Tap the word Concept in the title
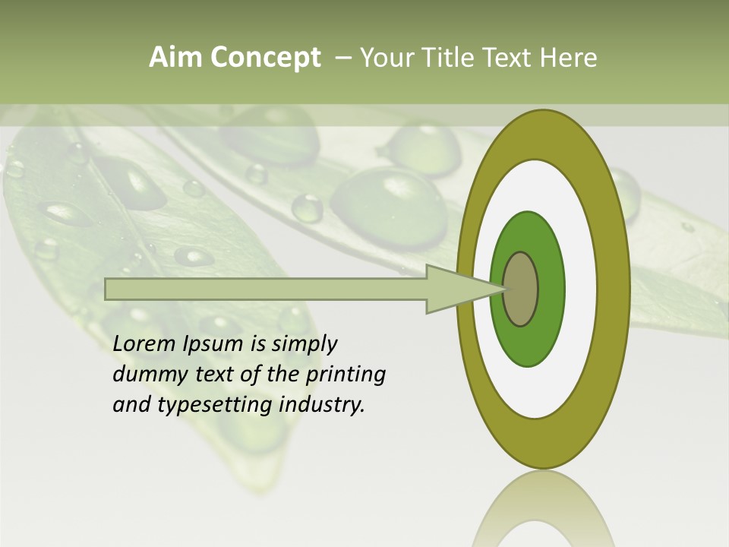[x=265, y=58]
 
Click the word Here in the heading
[x=567, y=58]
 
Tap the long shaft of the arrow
[x=266, y=289]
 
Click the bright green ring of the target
[x=550, y=289]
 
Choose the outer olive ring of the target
[x=617, y=289]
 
